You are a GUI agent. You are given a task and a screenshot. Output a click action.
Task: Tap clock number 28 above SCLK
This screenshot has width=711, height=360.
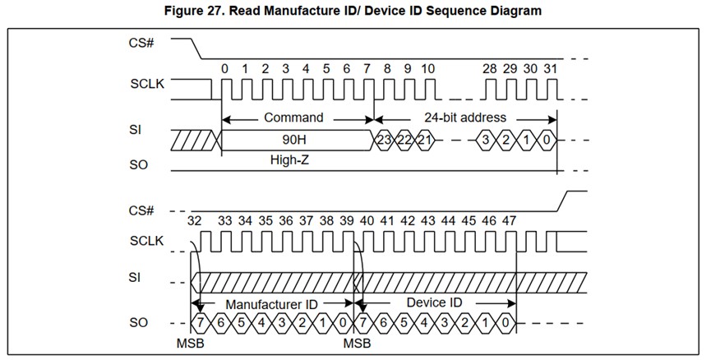tap(490, 69)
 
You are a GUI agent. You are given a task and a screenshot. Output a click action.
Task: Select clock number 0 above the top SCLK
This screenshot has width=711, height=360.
tap(224, 69)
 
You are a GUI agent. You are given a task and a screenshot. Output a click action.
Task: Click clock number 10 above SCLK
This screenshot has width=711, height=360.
tap(427, 69)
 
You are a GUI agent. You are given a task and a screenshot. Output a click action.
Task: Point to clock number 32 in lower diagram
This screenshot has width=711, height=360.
tap(195, 220)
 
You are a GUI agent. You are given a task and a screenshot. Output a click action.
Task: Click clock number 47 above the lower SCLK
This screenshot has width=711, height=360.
tap(509, 220)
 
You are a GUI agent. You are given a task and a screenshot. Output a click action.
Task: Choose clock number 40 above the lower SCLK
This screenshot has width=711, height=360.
tap(367, 220)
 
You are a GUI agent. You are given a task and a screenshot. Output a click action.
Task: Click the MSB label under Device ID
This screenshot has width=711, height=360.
tap(356, 341)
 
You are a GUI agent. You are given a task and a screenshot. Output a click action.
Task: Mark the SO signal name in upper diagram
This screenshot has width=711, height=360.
tap(139, 165)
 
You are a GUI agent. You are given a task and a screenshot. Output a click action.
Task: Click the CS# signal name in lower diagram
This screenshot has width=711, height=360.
tap(141, 210)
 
